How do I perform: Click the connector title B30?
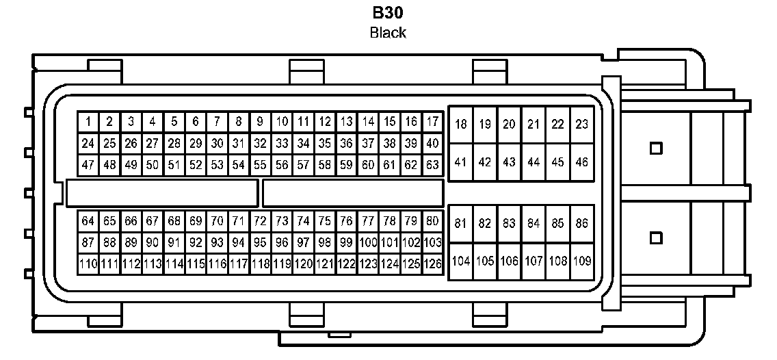[388, 13]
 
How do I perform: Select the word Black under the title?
[388, 32]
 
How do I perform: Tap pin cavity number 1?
[88, 123]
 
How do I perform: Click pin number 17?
[432, 123]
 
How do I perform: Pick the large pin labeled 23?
[581, 125]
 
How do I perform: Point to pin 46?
[581, 162]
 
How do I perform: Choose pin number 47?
[88, 165]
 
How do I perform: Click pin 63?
[432, 165]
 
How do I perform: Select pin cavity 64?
[88, 221]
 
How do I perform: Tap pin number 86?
[581, 223]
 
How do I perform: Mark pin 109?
[581, 261]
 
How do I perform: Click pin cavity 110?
[88, 263]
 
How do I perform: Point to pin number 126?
[432, 263]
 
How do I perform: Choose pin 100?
[368, 242]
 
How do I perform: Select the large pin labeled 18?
[461, 125]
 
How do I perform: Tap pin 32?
[260, 144]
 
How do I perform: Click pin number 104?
[461, 261]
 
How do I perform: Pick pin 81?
[461, 223]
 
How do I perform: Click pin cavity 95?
[260, 242]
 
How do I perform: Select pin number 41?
[461, 162]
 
